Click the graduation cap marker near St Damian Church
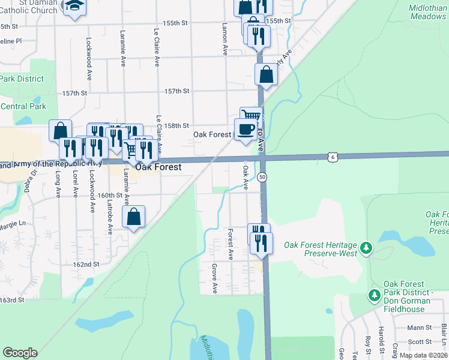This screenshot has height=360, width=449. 74,7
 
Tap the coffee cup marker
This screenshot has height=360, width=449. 246,130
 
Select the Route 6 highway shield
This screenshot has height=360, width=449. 333,157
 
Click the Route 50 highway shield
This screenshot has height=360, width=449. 262,177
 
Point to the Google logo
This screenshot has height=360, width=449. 20,353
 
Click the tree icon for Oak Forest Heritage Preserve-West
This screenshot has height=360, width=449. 367,247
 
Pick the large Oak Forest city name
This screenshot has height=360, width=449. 158,167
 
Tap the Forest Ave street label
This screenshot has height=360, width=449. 231,243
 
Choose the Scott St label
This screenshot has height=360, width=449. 420,341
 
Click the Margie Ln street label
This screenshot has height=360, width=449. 13,223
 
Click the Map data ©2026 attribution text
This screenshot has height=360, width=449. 423,355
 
